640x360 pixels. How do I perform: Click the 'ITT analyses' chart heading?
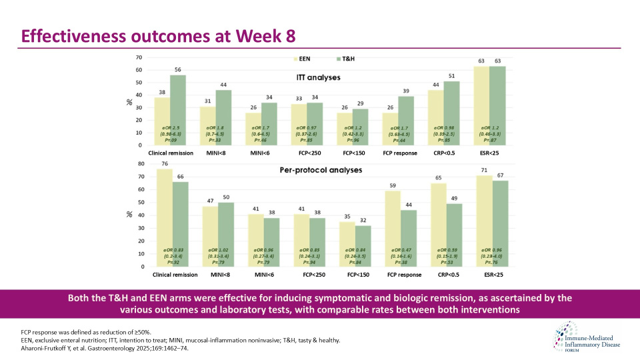point(319,77)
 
